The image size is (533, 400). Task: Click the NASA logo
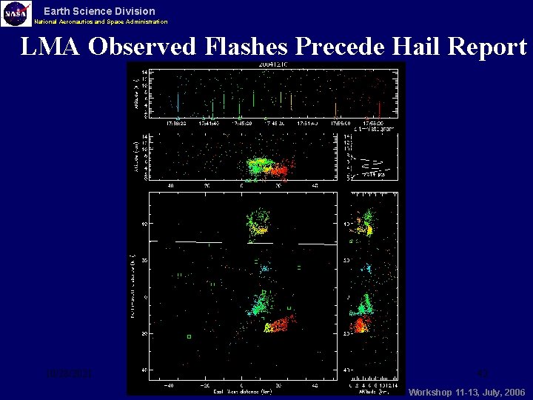16,13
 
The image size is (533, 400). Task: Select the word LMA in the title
50,47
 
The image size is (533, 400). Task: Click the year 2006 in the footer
513,392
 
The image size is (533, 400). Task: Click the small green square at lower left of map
189,336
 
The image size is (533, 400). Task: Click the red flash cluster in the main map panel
281,323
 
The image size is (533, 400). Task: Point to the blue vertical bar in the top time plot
178,102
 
